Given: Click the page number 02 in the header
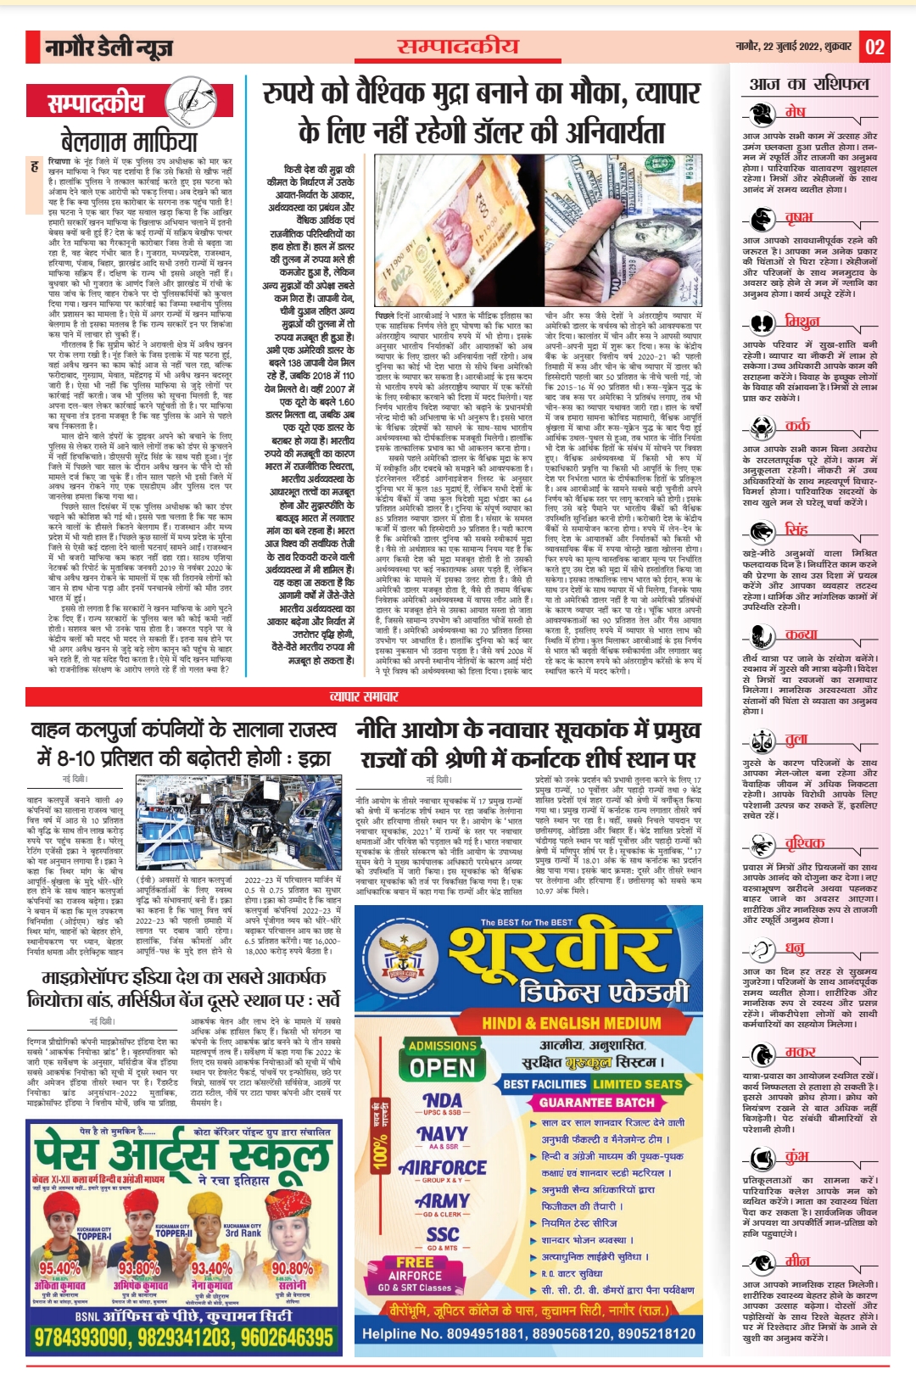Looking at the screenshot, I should [x=874, y=48].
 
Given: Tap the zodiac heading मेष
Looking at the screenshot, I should [x=795, y=112].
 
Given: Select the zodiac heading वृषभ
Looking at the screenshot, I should [x=798, y=218].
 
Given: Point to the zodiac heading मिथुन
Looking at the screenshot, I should [x=801, y=321].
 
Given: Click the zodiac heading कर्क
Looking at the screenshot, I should [x=797, y=426].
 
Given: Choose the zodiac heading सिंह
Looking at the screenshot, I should [x=796, y=529].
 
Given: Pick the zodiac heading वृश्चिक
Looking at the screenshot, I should [x=804, y=842].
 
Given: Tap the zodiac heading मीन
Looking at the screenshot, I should [x=797, y=1261].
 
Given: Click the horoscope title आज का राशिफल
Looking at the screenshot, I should [x=808, y=84].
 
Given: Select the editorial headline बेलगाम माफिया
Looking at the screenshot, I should [x=129, y=141].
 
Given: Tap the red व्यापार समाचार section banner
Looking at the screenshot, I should [x=363, y=696].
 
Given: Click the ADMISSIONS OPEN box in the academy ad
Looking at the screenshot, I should [x=443, y=1059].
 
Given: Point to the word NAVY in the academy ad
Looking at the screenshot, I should [x=443, y=1134].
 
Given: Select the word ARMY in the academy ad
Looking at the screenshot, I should [x=443, y=1201].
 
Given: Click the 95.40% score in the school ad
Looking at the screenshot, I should [x=59, y=1268].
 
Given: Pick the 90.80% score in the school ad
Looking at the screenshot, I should [x=292, y=1268].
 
